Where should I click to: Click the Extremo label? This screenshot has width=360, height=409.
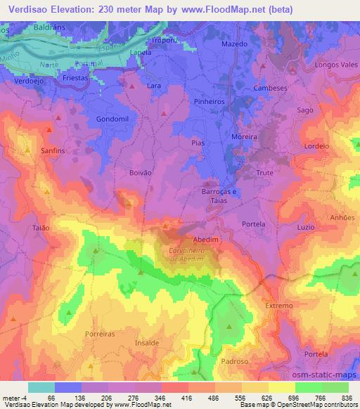(x=278, y=306)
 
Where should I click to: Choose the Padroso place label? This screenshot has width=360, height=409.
(x=234, y=361)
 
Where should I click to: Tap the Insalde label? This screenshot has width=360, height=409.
(x=147, y=342)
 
